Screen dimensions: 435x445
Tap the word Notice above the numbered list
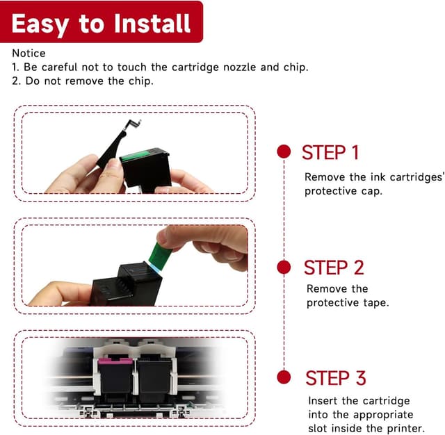coord(29,54)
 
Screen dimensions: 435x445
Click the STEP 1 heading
coord(330,153)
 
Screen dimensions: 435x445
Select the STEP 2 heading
coord(334,268)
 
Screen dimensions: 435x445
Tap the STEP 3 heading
coord(335,378)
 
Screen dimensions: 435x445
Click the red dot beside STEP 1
coord(284,151)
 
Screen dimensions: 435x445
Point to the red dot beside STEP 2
coord(284,267)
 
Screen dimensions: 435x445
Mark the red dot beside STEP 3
coord(284,377)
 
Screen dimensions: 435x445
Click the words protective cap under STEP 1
coord(343,191)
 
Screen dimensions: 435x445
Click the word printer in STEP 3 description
coord(403,428)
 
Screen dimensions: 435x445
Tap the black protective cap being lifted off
coord(115,149)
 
